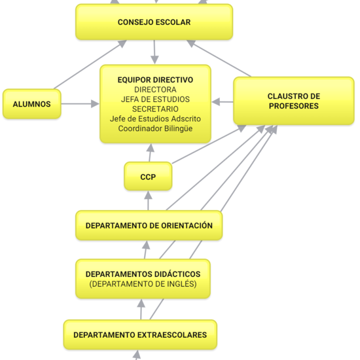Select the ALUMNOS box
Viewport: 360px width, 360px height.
[31, 104]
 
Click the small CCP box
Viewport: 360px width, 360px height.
[148, 177]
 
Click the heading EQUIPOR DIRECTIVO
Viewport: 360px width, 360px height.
[155, 79]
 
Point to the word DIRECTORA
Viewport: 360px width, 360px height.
[155, 89]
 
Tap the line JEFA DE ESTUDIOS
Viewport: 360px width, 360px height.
[155, 99]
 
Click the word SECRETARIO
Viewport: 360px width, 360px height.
[155, 109]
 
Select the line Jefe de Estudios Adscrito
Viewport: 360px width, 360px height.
[155, 118]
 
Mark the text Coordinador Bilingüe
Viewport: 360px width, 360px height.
[155, 128]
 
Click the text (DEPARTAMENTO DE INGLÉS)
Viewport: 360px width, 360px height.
[142, 284]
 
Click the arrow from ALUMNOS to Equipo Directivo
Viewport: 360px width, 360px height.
[80, 103]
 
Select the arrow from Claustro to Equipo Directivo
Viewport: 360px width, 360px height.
[223, 102]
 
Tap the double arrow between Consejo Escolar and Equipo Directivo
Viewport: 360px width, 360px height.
[155, 52]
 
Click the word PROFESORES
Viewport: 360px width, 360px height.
[293, 106]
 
